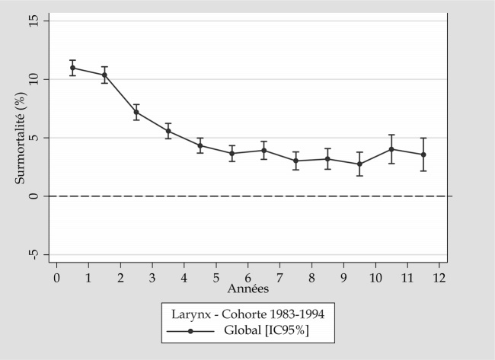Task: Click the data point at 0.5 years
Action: click(72, 68)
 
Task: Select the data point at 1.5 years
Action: click(104, 75)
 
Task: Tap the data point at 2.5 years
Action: click(136, 112)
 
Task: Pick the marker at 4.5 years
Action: click(200, 145)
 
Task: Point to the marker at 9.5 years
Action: click(359, 164)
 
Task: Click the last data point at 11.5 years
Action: click(423, 155)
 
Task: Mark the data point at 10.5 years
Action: click(391, 149)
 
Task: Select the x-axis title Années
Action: click(247, 289)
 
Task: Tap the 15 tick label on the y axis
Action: click(34, 21)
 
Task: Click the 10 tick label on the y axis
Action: click(34, 79)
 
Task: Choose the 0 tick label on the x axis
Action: click(56, 278)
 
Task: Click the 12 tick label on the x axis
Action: click(439, 278)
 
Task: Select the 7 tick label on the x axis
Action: click(279, 278)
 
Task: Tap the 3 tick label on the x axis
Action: click(152, 278)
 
